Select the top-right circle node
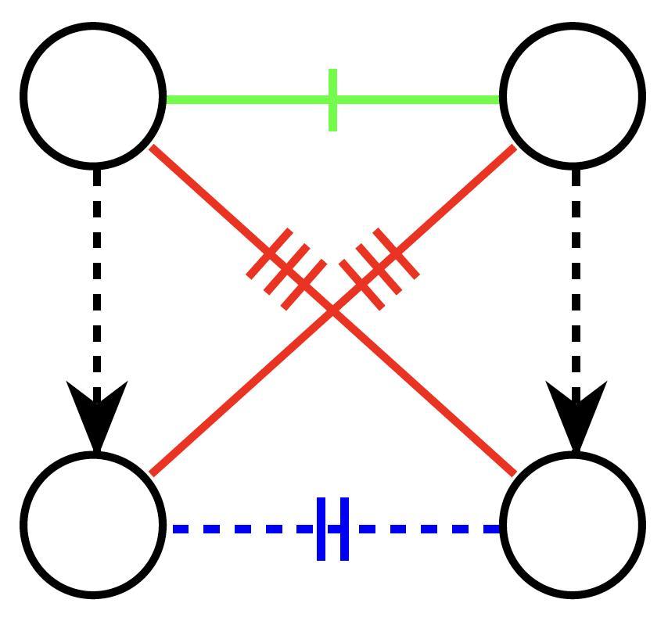coord(573,95)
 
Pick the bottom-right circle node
coord(573,523)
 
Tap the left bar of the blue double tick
coord(321,529)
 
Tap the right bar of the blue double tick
coord(344,529)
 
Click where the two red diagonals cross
coord(333,311)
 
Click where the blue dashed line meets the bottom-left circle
coord(166,529)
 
